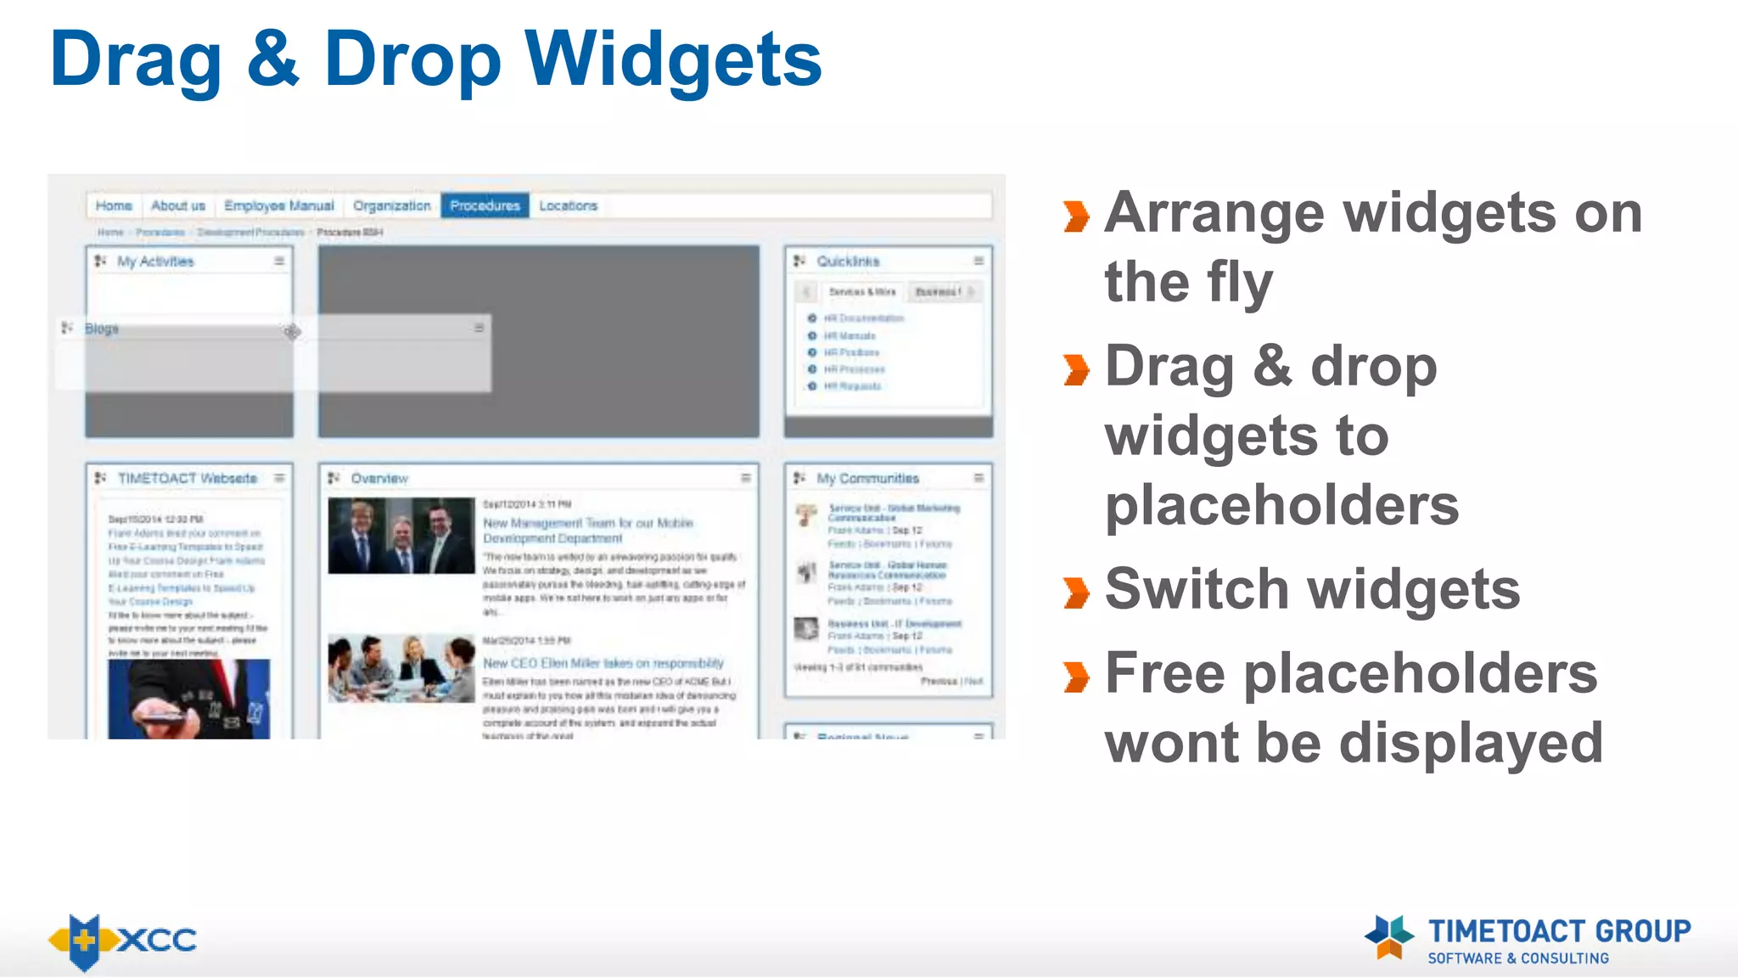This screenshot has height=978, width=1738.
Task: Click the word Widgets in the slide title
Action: (673, 59)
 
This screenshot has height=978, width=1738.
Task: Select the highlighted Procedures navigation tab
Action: (485, 205)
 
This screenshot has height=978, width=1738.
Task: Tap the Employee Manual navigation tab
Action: (278, 205)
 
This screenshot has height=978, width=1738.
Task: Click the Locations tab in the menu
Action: (568, 205)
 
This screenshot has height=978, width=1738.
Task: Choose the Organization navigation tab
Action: (391, 205)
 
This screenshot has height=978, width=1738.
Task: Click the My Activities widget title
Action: (155, 261)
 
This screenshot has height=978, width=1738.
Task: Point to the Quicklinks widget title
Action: (848, 261)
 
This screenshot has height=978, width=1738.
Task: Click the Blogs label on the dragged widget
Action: (102, 329)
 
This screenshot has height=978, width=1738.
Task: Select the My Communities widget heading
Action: (867, 479)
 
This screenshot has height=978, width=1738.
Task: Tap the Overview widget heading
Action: (379, 479)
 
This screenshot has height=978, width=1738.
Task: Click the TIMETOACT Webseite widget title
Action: (187, 479)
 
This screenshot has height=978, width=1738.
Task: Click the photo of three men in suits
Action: (401, 536)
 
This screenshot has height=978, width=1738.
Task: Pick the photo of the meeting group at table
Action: (401, 668)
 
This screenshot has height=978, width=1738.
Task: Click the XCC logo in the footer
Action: (123, 941)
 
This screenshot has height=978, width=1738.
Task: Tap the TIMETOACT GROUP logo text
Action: (1558, 931)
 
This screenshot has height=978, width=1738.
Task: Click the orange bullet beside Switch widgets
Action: (1076, 593)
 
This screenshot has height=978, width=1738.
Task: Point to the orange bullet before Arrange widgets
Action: (1076, 216)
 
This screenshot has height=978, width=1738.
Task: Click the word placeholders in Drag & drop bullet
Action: (1281, 506)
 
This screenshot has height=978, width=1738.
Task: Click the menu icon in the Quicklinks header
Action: (978, 261)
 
